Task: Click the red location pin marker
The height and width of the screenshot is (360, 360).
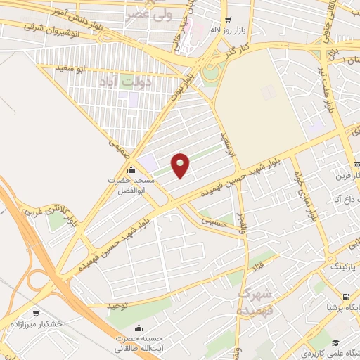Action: pyautogui.click(x=181, y=165)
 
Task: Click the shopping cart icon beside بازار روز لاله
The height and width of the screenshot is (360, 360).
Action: pyautogui.click(x=227, y=20)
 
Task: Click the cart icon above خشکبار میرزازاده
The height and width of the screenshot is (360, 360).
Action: pyautogui.click(x=36, y=313)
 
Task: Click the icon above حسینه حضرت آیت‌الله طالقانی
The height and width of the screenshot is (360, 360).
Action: pyautogui.click(x=139, y=328)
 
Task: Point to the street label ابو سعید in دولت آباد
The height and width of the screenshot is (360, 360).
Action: pyautogui.click(x=70, y=69)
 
